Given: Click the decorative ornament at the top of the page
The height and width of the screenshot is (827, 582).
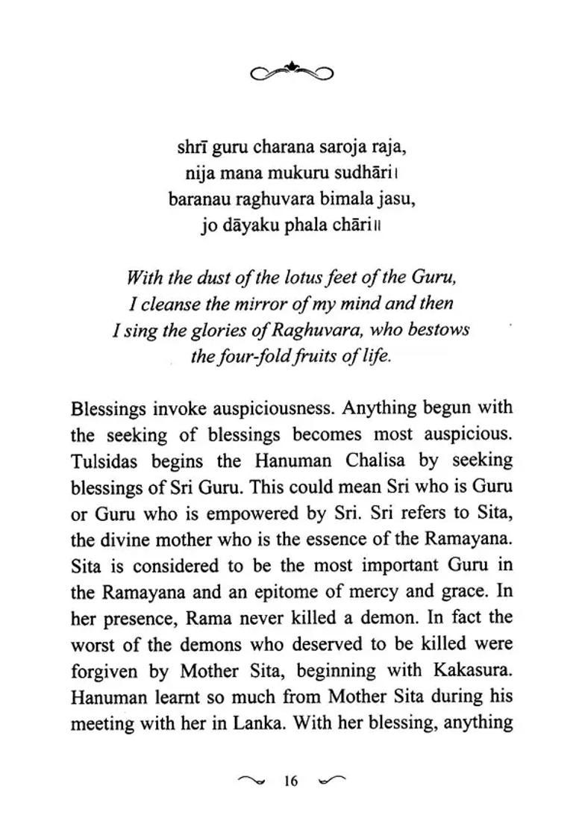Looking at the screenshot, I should (x=291, y=70).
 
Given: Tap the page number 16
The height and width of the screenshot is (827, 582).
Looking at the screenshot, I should (x=291, y=781).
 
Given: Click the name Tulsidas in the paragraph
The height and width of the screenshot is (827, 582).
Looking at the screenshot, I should (x=101, y=461).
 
